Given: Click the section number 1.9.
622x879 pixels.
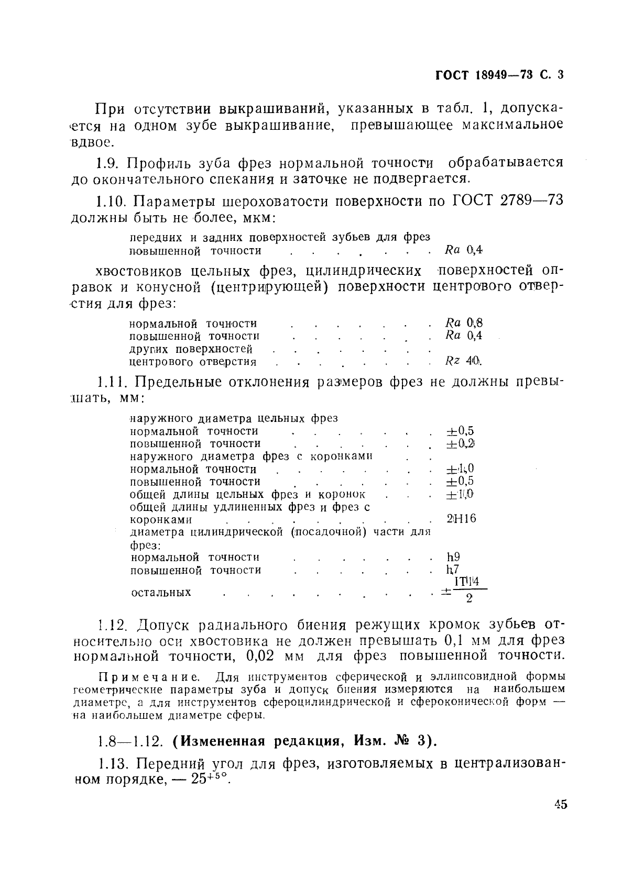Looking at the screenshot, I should (x=109, y=163).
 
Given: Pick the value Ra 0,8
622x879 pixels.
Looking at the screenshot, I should (x=463, y=323).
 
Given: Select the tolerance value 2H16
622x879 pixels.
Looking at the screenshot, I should (x=462, y=519).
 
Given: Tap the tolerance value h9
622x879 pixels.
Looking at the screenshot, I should (x=453, y=557).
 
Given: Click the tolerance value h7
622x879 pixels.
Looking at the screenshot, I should (x=453, y=570).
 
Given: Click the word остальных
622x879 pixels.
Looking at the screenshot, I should (x=161, y=593).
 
